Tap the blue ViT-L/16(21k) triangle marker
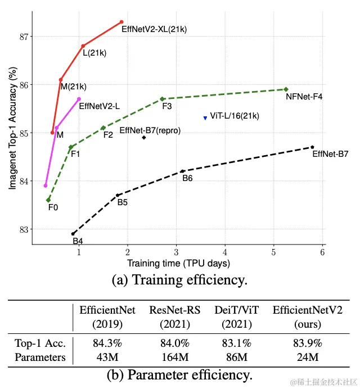[205, 118]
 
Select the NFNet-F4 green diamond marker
[286, 89]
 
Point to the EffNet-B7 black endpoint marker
[312, 147]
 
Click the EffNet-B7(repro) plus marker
[144, 137]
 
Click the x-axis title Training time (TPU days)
[178, 263]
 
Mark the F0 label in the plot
[53, 207]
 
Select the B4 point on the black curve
[73, 233]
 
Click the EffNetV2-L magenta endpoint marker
[79, 99]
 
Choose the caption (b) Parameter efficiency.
[179, 374]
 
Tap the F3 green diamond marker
[162, 99]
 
